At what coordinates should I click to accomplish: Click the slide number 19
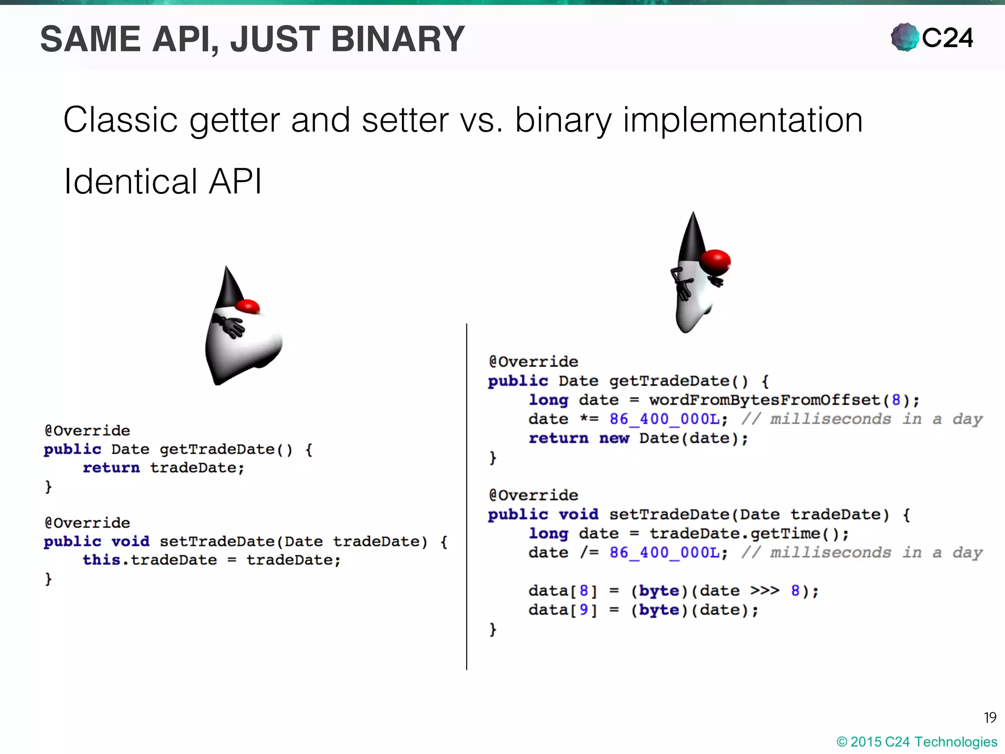tap(990, 718)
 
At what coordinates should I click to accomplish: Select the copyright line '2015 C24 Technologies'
tap(917, 742)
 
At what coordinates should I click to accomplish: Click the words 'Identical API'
tap(162, 182)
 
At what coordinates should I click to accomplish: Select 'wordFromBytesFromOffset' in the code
tap(765, 400)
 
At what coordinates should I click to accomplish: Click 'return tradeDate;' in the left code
tap(163, 468)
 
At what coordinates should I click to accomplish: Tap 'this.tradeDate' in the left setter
tap(149, 560)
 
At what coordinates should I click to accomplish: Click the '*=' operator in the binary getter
tap(589, 419)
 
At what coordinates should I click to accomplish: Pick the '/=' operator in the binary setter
tap(589, 553)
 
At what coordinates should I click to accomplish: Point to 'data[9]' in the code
tap(562, 610)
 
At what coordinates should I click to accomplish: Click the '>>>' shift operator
tap(765, 591)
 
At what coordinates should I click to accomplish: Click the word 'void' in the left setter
tap(130, 541)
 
